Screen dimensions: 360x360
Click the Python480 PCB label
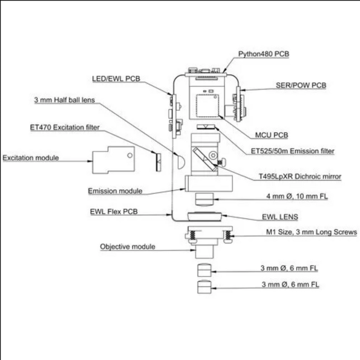pos(263,54)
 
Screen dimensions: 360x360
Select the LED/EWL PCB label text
pos(116,79)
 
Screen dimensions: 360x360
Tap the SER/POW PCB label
pos(301,85)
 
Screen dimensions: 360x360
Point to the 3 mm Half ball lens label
pos(64,100)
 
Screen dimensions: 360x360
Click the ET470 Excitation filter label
pos(65,128)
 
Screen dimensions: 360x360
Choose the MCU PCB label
pos(272,135)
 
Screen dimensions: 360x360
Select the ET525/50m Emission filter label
pos(293,151)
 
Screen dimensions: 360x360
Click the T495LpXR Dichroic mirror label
pos(300,176)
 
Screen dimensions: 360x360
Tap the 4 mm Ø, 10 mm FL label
pos(297,196)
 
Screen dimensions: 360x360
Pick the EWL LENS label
pos(280,217)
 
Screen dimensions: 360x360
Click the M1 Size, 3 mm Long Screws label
pos(311,232)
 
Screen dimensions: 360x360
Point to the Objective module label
pos(128,247)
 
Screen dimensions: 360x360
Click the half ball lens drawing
pos(181,161)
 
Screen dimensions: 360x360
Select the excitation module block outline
pos(114,160)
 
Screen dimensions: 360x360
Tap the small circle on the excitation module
pos(130,155)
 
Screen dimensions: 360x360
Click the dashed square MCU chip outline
pos(207,106)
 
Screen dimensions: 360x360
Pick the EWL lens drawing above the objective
pos(205,216)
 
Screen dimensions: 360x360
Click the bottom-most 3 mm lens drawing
pos(204,287)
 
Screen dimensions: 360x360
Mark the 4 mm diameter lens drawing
pos(204,200)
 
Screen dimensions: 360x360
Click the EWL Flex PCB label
pos(114,212)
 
